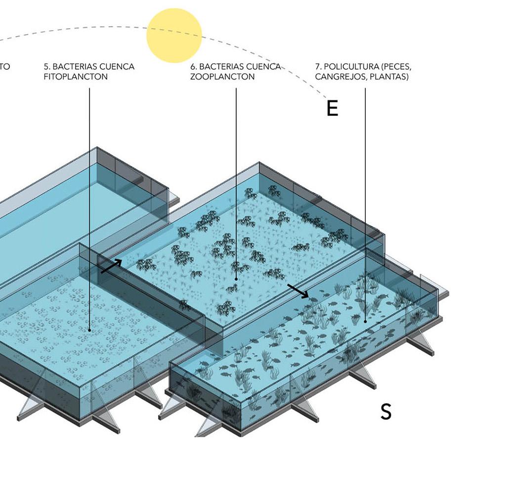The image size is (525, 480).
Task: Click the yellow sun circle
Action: [x=174, y=35]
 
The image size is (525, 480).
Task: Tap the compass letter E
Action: [x=332, y=108]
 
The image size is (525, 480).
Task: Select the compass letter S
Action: [x=386, y=412]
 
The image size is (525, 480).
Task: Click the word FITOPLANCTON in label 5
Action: [x=75, y=77]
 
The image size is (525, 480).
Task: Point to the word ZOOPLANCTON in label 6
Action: [x=222, y=77]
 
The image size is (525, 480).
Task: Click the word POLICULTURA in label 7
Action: [x=349, y=67]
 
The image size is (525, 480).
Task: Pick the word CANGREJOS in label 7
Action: [x=338, y=77]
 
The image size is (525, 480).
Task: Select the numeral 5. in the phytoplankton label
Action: [x=46, y=67]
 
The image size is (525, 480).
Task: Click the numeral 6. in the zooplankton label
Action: [x=193, y=67]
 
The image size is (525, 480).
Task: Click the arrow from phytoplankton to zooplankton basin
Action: [x=111, y=266]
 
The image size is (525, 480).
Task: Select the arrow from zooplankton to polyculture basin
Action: [x=298, y=291]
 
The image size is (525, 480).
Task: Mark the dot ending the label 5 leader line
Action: [x=89, y=330]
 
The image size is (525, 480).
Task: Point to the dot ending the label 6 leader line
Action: [x=236, y=279]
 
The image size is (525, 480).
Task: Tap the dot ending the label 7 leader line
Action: [x=365, y=322]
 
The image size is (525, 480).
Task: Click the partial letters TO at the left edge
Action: [x=4, y=67]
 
